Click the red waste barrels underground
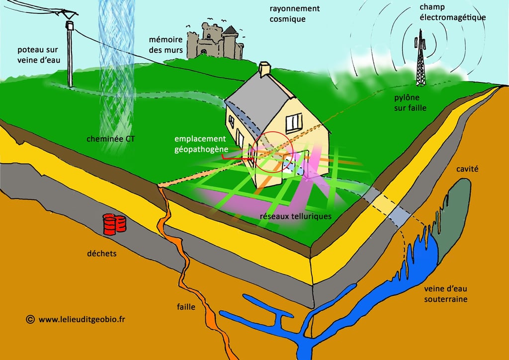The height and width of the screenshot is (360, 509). pyautogui.click(x=114, y=224)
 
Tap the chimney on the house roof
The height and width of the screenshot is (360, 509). pyautogui.click(x=264, y=69)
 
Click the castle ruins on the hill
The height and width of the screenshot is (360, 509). pyautogui.click(x=215, y=41)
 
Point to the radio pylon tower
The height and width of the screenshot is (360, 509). pyautogui.click(x=421, y=59)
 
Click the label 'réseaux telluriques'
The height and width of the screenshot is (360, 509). pyautogui.click(x=295, y=217)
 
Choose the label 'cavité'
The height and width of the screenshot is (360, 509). pyautogui.click(x=467, y=169)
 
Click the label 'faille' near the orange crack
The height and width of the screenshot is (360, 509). pyautogui.click(x=186, y=307)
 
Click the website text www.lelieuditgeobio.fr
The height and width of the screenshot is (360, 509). pyautogui.click(x=82, y=319)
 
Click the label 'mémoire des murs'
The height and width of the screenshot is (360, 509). pyautogui.click(x=166, y=44)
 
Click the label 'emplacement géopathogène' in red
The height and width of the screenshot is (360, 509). pyautogui.click(x=200, y=143)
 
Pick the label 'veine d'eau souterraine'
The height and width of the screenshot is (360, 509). pyautogui.click(x=446, y=294)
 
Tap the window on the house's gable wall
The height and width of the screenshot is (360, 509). pyautogui.click(x=293, y=122)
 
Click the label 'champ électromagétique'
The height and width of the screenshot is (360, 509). pyautogui.click(x=452, y=12)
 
